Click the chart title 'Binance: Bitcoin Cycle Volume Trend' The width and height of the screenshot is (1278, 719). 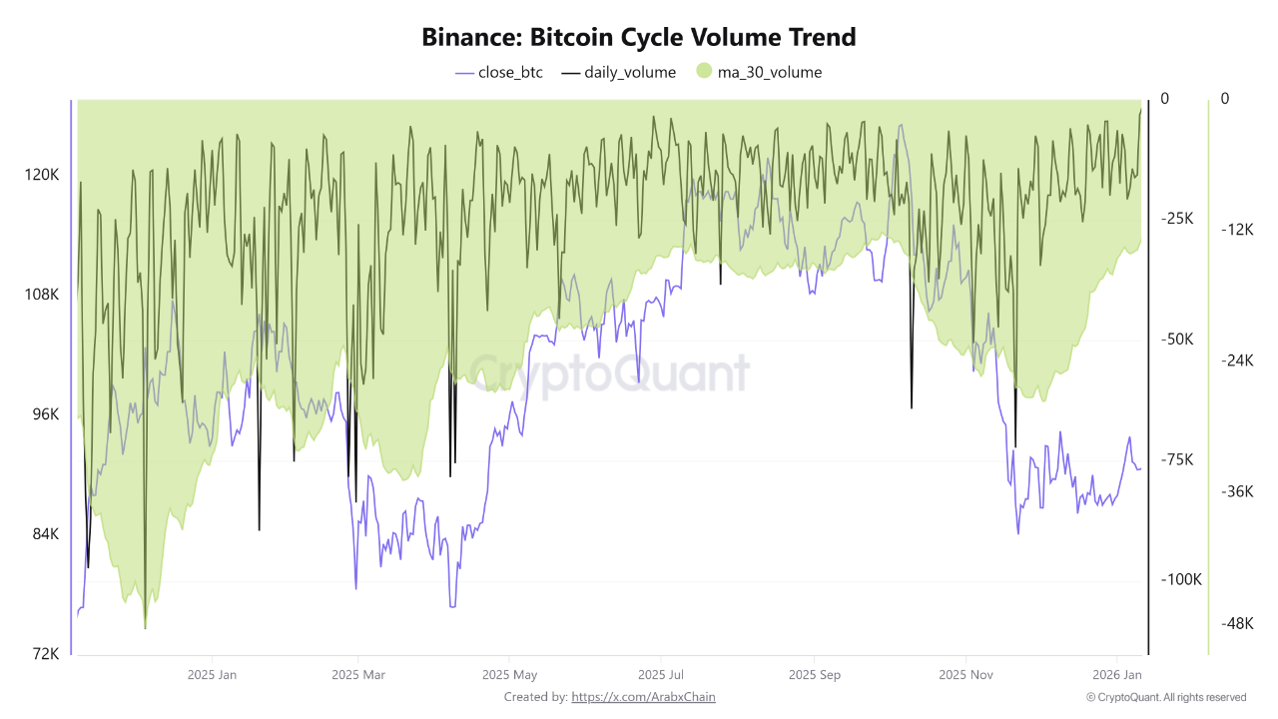639,37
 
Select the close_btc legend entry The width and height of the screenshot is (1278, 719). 499,72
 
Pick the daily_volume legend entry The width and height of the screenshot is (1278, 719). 619,72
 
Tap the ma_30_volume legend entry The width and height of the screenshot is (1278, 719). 759,72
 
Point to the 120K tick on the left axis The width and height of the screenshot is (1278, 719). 42,175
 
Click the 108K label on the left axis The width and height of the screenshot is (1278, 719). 42,295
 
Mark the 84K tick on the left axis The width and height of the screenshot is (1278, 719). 45,534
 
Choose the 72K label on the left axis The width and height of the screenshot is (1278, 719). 45,654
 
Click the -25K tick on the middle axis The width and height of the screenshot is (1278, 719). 1178,219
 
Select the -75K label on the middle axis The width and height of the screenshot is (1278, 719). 1178,459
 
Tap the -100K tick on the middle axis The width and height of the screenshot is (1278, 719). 1181,579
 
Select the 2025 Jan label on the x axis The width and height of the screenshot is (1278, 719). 213,674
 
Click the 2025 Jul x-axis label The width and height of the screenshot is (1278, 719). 660,674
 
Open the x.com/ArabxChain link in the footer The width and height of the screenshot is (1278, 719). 642,697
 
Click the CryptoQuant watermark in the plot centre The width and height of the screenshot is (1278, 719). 609,374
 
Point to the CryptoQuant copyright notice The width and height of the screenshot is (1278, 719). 1166,697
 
